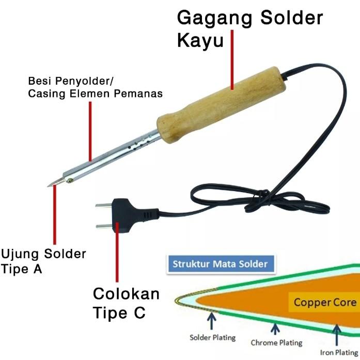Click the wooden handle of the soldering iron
coord(222,106)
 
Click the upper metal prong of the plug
coord(103,206)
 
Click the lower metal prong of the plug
coord(104,225)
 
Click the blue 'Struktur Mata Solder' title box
coord(221,264)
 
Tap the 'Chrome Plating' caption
coord(276,342)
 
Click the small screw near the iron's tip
coord(69,180)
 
